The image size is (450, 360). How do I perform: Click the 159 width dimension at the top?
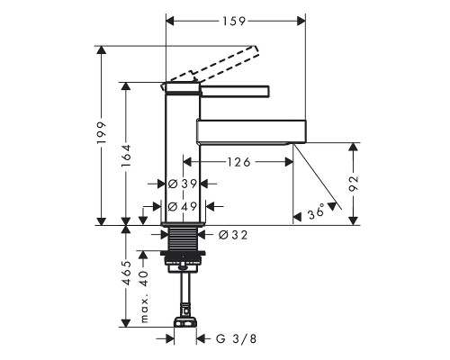coord(234,21)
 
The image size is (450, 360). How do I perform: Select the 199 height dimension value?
coord(102,132)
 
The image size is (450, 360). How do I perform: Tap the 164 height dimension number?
coord(126,156)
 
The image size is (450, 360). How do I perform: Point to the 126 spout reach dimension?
coord(238,162)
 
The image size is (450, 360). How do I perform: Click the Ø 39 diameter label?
coord(183,184)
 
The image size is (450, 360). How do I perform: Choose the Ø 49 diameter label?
coord(183,206)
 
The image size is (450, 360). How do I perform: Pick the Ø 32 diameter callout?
coord(233,235)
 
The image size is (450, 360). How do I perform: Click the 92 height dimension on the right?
coord(355,184)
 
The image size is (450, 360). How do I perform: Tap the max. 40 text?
coord(144,296)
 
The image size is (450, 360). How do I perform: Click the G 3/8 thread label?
coord(237,339)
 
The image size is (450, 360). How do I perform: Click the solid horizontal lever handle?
coord(235,92)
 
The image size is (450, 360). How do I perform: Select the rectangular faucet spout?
coord(251,130)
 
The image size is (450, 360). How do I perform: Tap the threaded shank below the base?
coord(183,238)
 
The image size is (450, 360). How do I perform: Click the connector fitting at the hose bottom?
coord(185,322)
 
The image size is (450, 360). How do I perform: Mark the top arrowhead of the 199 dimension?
coord(102,50)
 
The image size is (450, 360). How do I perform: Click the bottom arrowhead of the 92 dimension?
coord(355,220)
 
